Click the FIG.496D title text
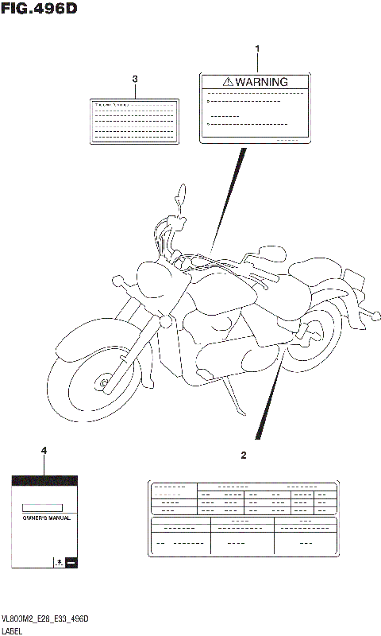point(41,10)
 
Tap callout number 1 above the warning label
point(257,49)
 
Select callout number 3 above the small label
point(135,79)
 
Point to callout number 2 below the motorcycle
point(244,456)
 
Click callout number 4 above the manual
point(44,452)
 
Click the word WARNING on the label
point(262,82)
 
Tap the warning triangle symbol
point(228,82)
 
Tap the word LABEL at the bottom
point(13,630)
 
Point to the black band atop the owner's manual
point(44,480)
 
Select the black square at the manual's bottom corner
point(70,563)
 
